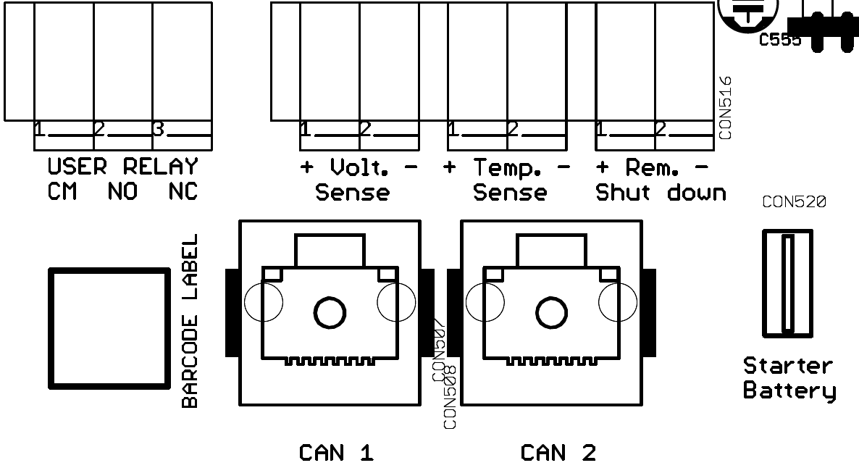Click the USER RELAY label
tap(122, 167)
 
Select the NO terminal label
tap(122, 192)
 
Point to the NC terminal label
tap(183, 192)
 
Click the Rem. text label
tap(653, 167)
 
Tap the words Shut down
tap(661, 193)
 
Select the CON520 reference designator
tap(794, 203)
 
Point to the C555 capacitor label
tap(780, 41)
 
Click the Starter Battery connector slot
tap(787, 283)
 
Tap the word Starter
tap(788, 366)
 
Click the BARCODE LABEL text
tap(190, 320)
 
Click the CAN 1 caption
tap(336, 454)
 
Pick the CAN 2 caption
tap(558, 454)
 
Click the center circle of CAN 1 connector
tap(330, 312)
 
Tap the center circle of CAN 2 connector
tap(551, 312)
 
